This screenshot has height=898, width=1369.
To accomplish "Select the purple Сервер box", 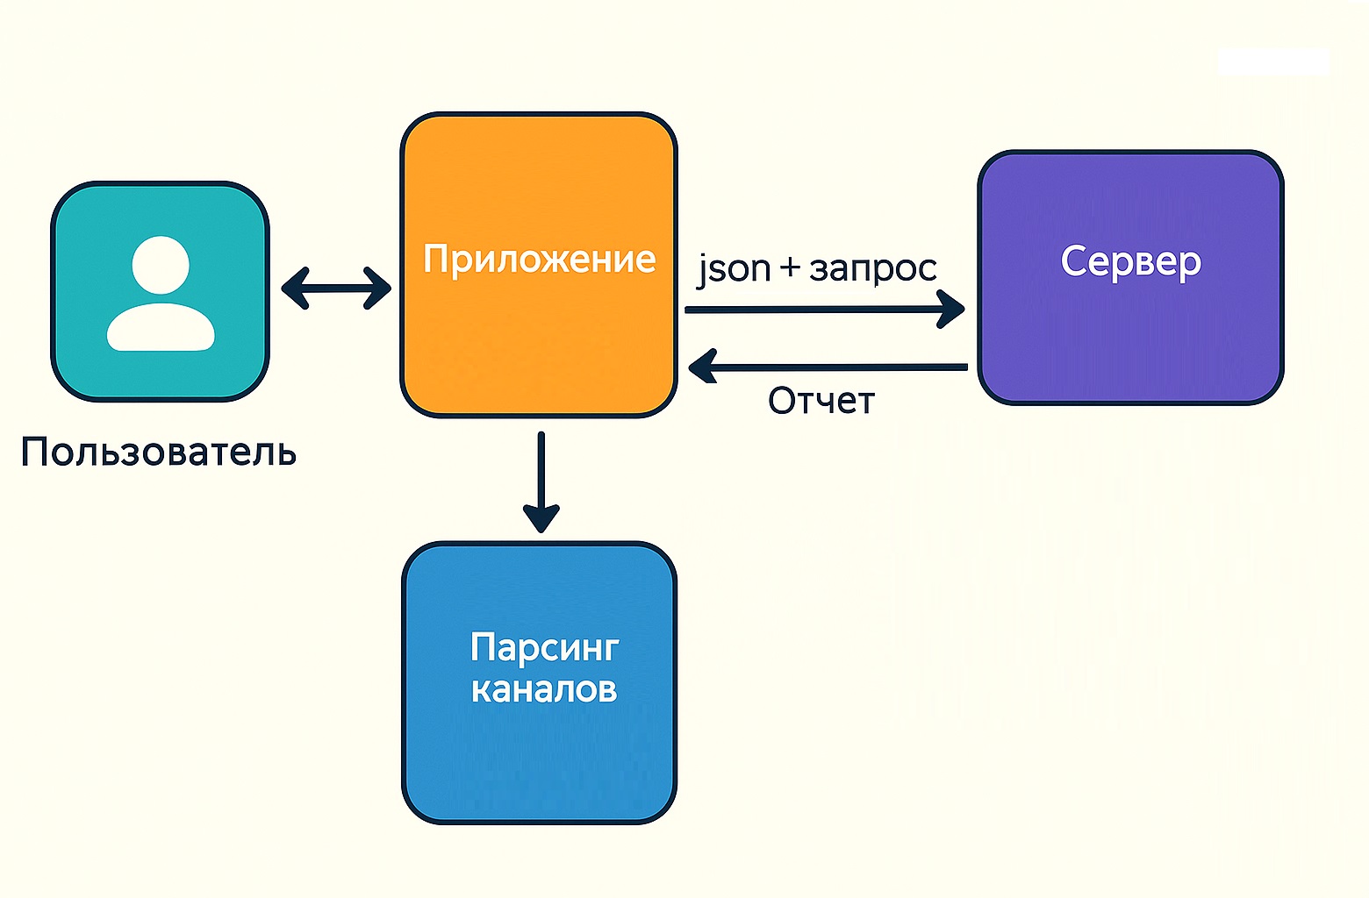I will [x=1130, y=333].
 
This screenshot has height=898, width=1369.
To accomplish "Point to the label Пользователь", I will [x=159, y=453].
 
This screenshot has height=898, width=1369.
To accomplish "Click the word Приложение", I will [x=539, y=259].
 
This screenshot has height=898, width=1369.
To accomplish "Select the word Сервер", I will [x=1130, y=261].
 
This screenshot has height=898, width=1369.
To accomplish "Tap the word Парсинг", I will [x=544, y=648].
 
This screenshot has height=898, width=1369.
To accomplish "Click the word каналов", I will [x=544, y=689].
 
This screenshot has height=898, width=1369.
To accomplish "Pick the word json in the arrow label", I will [x=734, y=268].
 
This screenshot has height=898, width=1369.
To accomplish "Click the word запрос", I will [x=872, y=268].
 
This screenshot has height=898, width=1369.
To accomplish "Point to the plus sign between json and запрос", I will [x=790, y=267].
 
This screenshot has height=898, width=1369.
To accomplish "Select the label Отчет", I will [x=821, y=401].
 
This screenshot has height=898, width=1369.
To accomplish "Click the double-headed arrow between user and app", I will [x=336, y=288].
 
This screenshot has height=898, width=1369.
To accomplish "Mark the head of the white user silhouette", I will [x=161, y=264].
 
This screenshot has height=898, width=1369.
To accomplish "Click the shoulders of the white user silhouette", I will [x=161, y=329].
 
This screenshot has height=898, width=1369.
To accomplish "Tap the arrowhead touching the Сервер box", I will [x=953, y=309].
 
